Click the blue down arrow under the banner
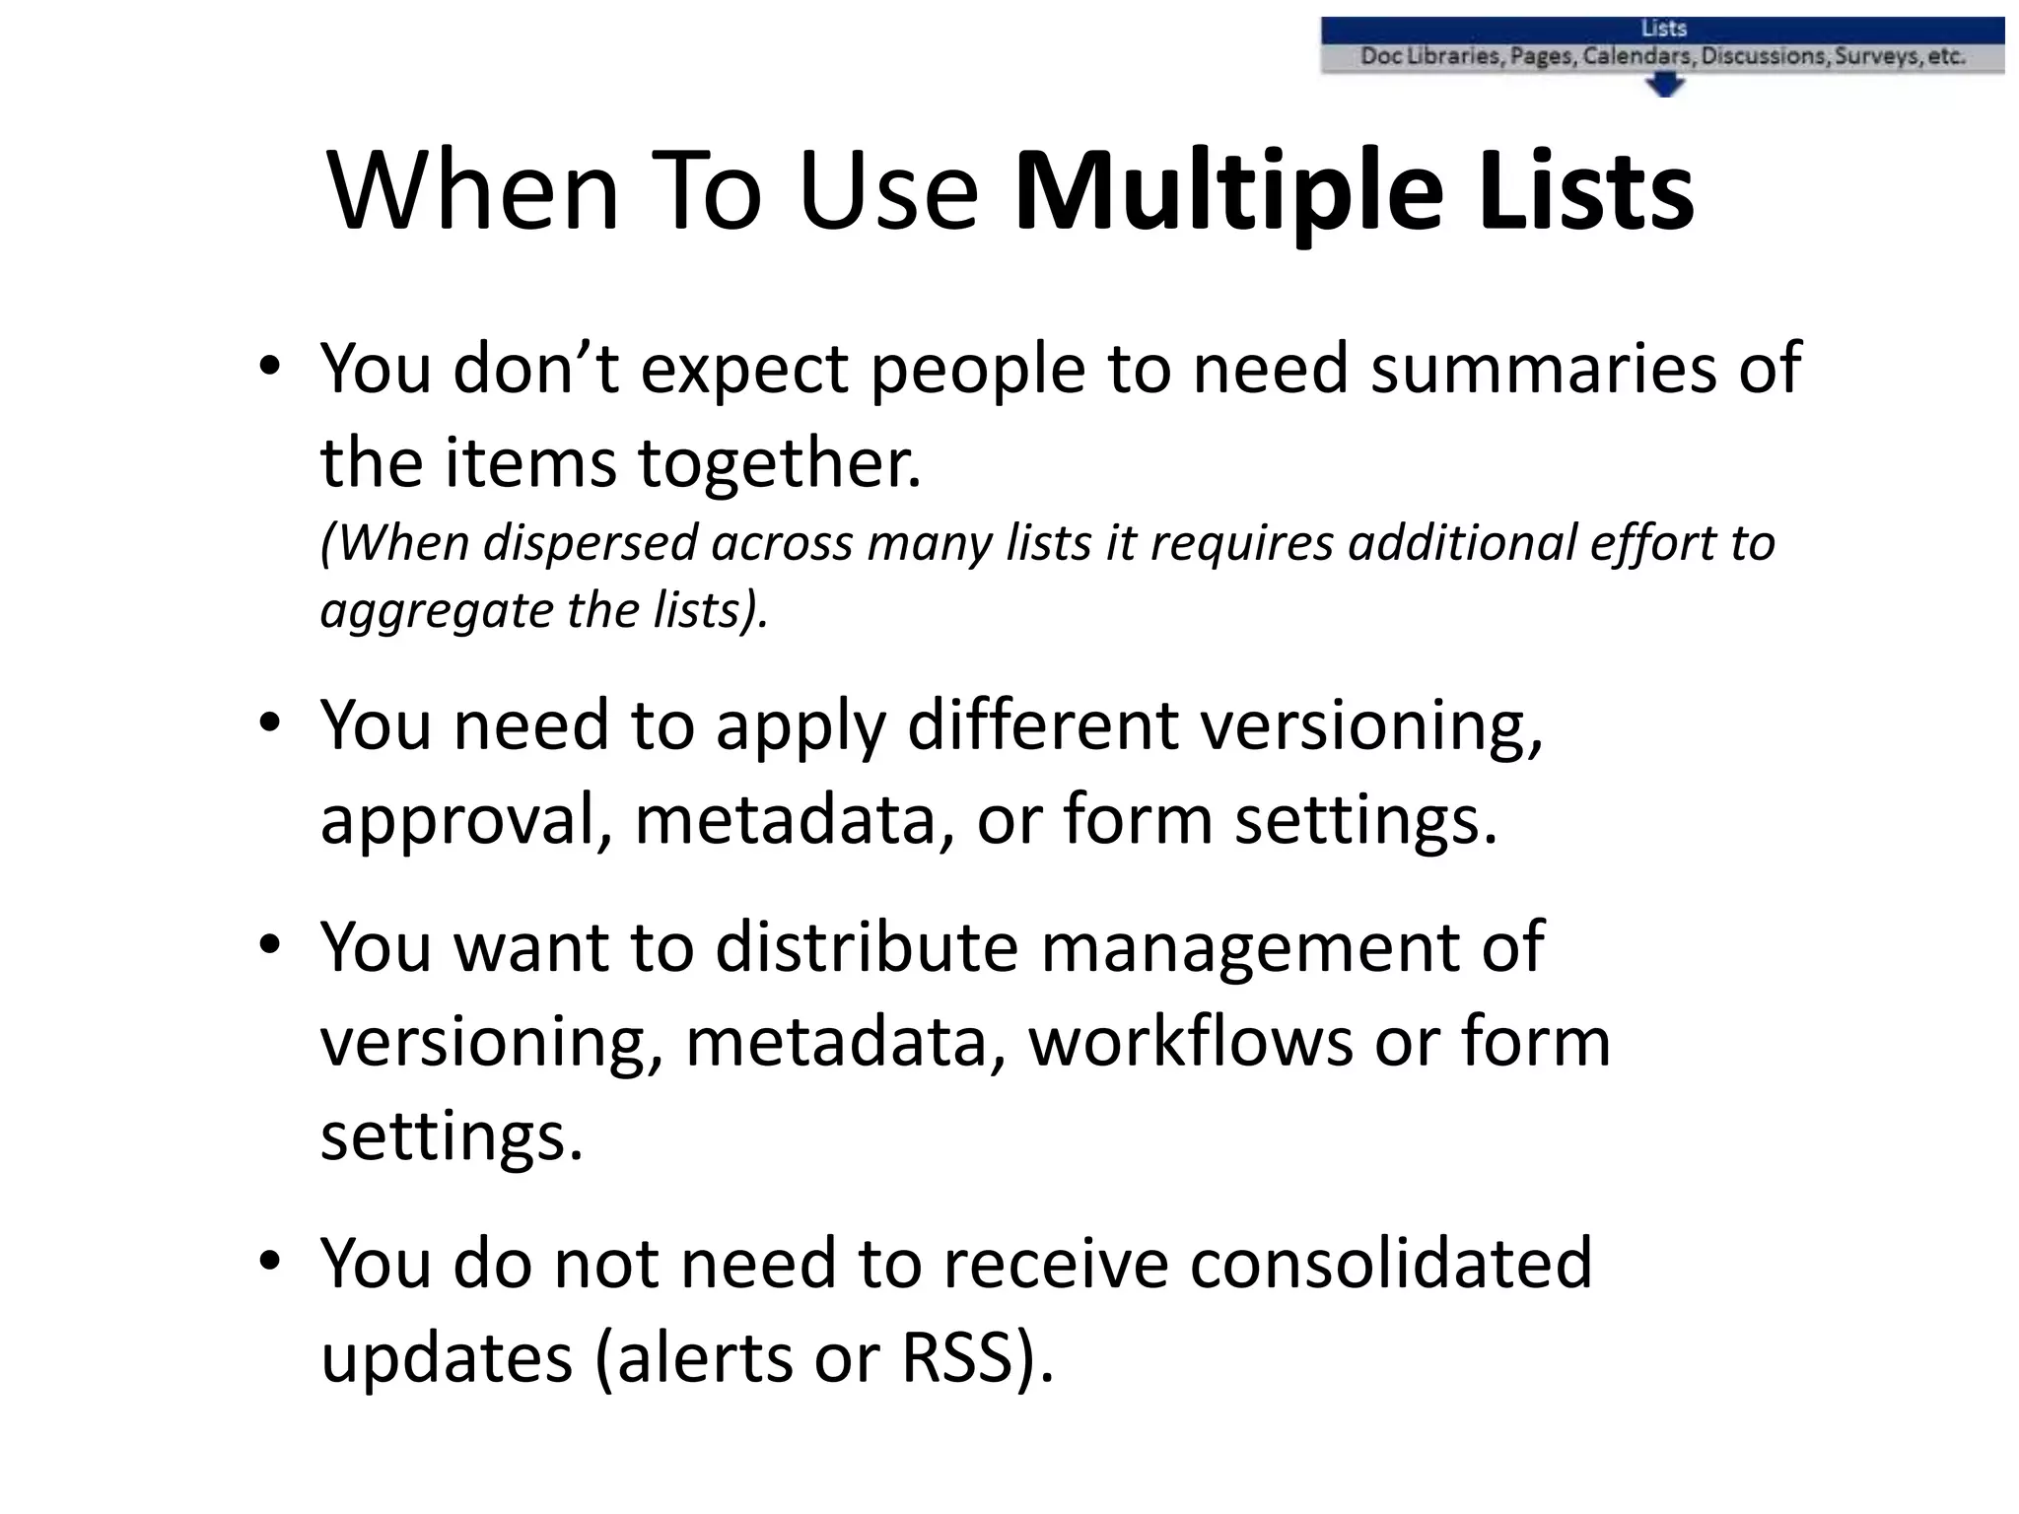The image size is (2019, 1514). (1664, 87)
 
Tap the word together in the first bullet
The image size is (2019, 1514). (779, 463)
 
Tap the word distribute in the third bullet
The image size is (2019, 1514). (866, 947)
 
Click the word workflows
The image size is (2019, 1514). (1190, 1042)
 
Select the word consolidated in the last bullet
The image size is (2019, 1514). (1390, 1264)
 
